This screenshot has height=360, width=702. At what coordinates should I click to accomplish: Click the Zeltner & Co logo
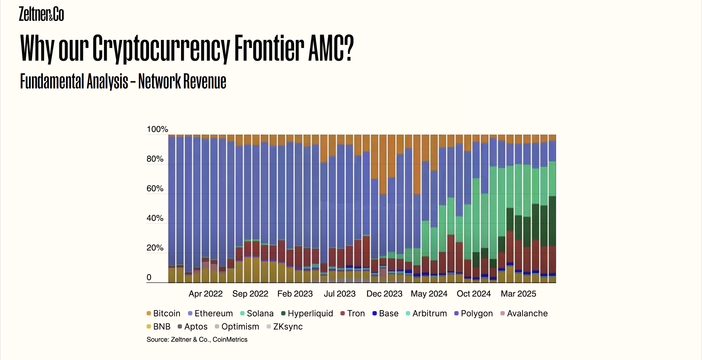click(41, 14)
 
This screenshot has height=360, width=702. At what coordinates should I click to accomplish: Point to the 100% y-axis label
click(157, 129)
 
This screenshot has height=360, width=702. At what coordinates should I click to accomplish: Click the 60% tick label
click(155, 189)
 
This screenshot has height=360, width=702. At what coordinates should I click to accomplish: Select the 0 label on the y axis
click(149, 277)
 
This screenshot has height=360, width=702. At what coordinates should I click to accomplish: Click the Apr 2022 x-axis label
click(206, 294)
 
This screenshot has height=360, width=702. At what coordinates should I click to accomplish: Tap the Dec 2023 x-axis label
click(384, 294)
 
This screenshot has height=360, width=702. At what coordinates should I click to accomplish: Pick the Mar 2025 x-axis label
click(518, 294)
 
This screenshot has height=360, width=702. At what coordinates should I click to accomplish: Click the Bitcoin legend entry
click(163, 313)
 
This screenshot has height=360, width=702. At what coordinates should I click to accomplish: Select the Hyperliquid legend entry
click(307, 313)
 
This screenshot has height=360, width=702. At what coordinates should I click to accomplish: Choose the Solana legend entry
click(257, 313)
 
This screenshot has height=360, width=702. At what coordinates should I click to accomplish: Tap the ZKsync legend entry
click(285, 327)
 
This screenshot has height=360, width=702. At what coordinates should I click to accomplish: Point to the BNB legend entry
click(159, 327)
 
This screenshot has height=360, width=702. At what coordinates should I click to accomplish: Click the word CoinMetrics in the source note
click(230, 340)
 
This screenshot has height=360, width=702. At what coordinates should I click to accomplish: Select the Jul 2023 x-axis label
click(340, 294)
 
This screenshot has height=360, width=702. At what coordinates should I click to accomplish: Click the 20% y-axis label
click(155, 248)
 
